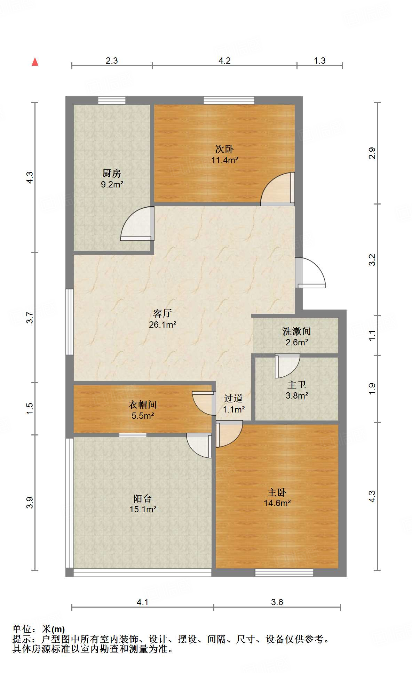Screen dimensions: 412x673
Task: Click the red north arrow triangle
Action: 35,62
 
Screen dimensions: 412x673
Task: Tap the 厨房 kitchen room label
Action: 112,173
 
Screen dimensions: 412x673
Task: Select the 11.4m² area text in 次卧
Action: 225,160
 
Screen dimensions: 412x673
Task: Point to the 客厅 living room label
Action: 163,313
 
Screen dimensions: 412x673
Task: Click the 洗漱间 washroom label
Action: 297,331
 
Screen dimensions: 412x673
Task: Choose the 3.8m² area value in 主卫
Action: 297,395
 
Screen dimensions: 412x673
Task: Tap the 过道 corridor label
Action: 233,399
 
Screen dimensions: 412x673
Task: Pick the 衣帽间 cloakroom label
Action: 143,404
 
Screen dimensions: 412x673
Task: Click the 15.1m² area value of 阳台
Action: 143,510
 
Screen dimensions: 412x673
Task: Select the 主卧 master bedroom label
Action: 277,492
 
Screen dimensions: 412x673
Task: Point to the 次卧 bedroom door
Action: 278,189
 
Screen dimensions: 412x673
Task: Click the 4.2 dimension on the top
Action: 224,61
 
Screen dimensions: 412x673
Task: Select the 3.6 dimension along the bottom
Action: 277,602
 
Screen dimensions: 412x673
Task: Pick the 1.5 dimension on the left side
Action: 30,408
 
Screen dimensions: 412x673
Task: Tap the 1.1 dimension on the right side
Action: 372,335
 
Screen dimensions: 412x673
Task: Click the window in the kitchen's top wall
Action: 112,100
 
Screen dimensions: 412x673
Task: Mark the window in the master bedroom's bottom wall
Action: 284,572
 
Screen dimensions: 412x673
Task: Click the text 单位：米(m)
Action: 39,629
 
